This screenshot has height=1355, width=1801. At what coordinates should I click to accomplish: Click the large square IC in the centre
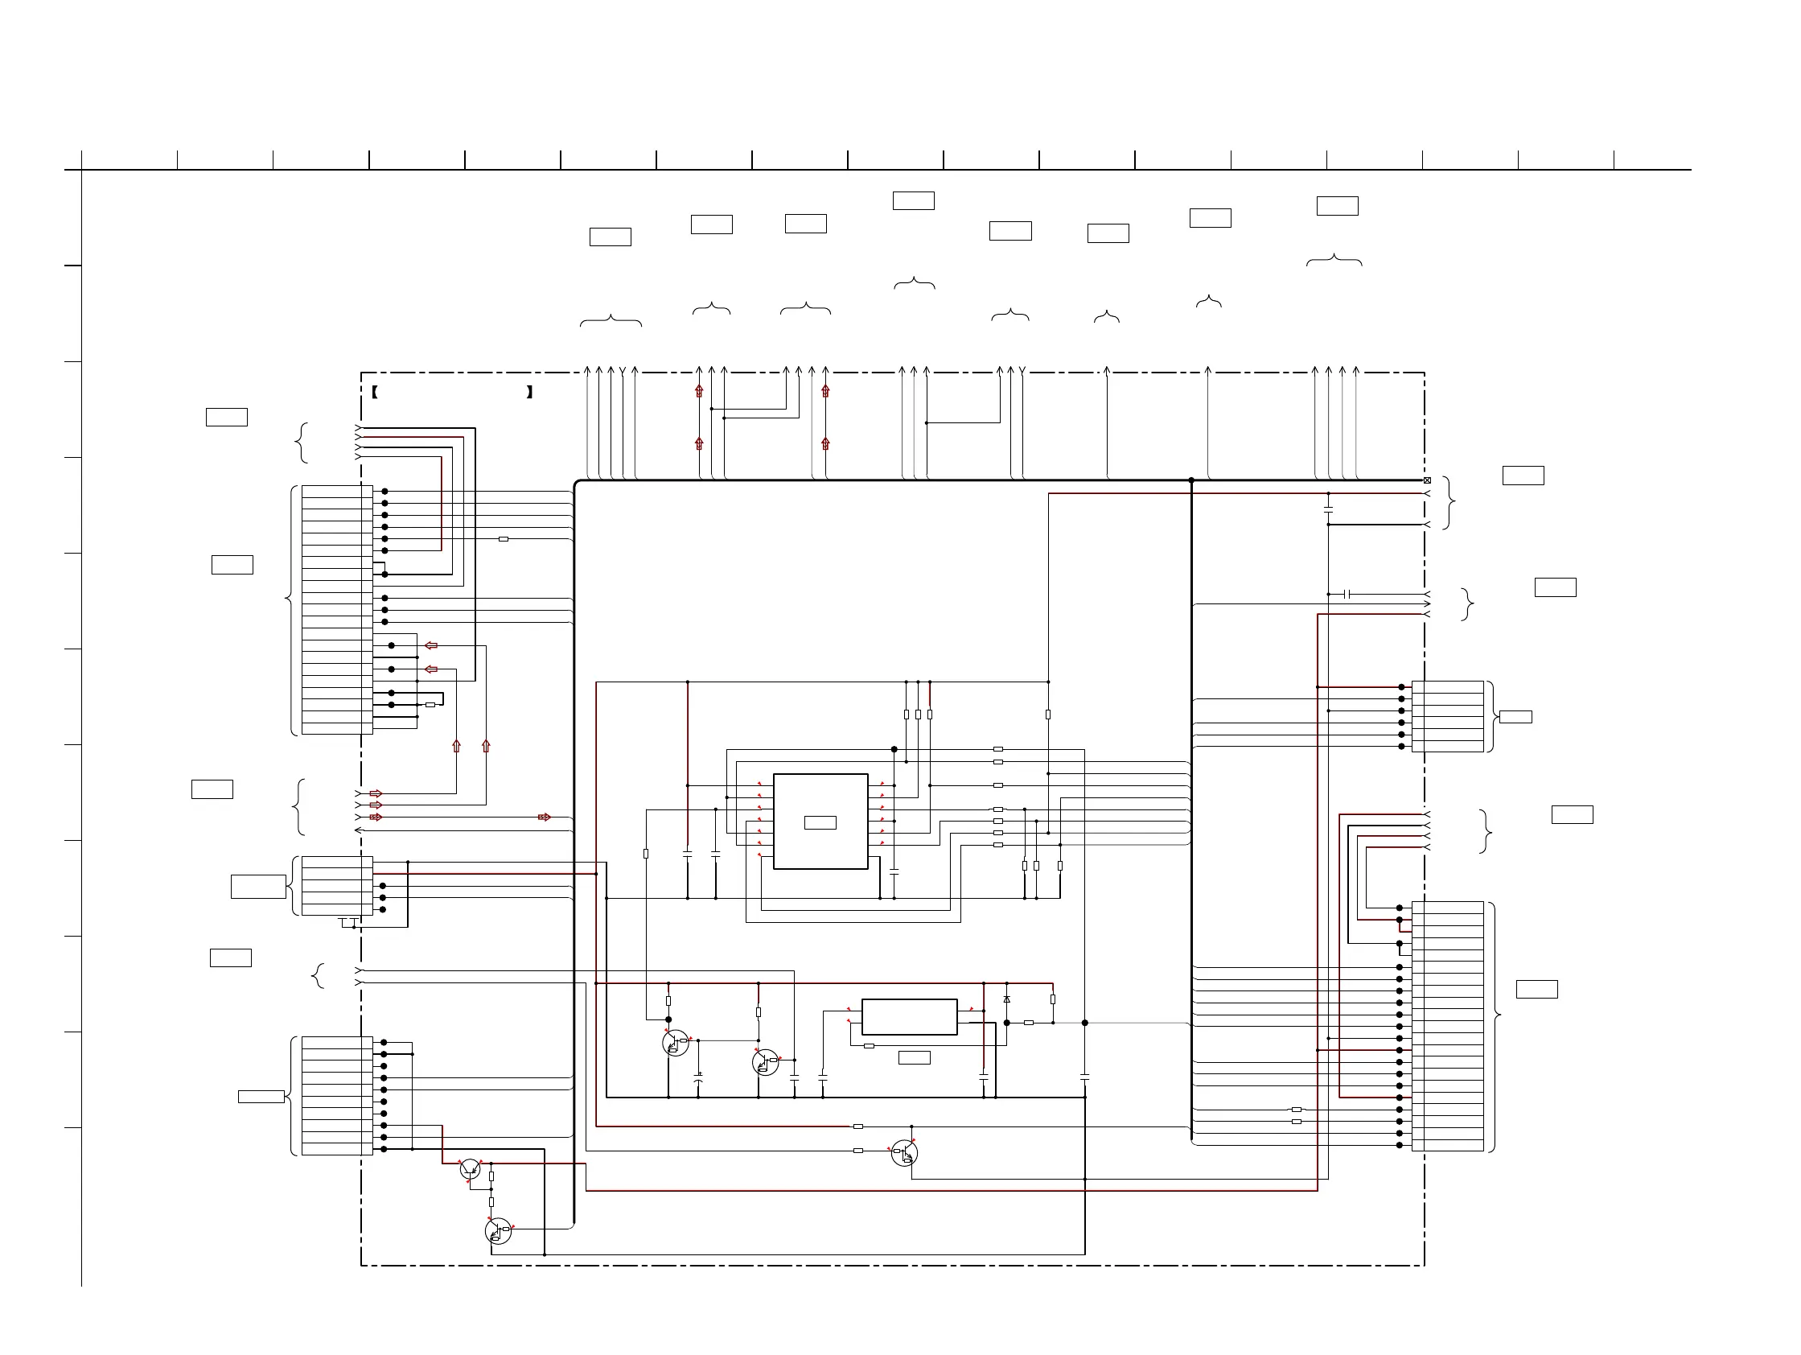tap(820, 821)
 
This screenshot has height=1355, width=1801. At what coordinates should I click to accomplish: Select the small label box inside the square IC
tap(820, 822)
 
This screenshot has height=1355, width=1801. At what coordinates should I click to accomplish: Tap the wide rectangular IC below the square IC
tap(909, 1016)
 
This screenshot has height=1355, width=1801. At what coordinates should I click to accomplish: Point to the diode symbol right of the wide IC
tap(1006, 999)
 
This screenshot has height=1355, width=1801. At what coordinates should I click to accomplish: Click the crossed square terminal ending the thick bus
tap(1426, 480)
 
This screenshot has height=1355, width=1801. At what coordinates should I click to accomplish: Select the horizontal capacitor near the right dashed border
tap(1347, 595)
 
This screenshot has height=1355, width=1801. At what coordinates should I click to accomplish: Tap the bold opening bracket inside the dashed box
tap(375, 392)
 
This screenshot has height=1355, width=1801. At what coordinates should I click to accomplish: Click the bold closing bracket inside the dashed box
tap(529, 392)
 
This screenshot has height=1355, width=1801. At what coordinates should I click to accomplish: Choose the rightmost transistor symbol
tap(904, 1153)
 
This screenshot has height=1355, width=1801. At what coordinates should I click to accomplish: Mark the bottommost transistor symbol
tap(497, 1231)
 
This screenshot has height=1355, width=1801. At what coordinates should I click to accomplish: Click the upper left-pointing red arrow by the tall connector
tap(431, 646)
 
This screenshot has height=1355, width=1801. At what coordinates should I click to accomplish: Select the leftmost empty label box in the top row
tap(610, 237)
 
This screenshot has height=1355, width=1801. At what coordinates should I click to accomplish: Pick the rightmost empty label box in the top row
tap(1337, 206)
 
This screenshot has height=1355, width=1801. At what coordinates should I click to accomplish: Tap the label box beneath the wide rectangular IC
tap(914, 1057)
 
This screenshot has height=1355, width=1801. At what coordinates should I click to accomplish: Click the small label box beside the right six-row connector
tap(1515, 717)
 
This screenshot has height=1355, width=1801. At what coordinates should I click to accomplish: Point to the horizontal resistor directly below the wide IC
tap(869, 1045)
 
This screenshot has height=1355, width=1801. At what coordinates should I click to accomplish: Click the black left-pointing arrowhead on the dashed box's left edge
tap(358, 830)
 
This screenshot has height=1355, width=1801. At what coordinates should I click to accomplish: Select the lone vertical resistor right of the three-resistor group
tap(1047, 715)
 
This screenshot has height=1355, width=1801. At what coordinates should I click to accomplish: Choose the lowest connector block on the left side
tap(337, 1095)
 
